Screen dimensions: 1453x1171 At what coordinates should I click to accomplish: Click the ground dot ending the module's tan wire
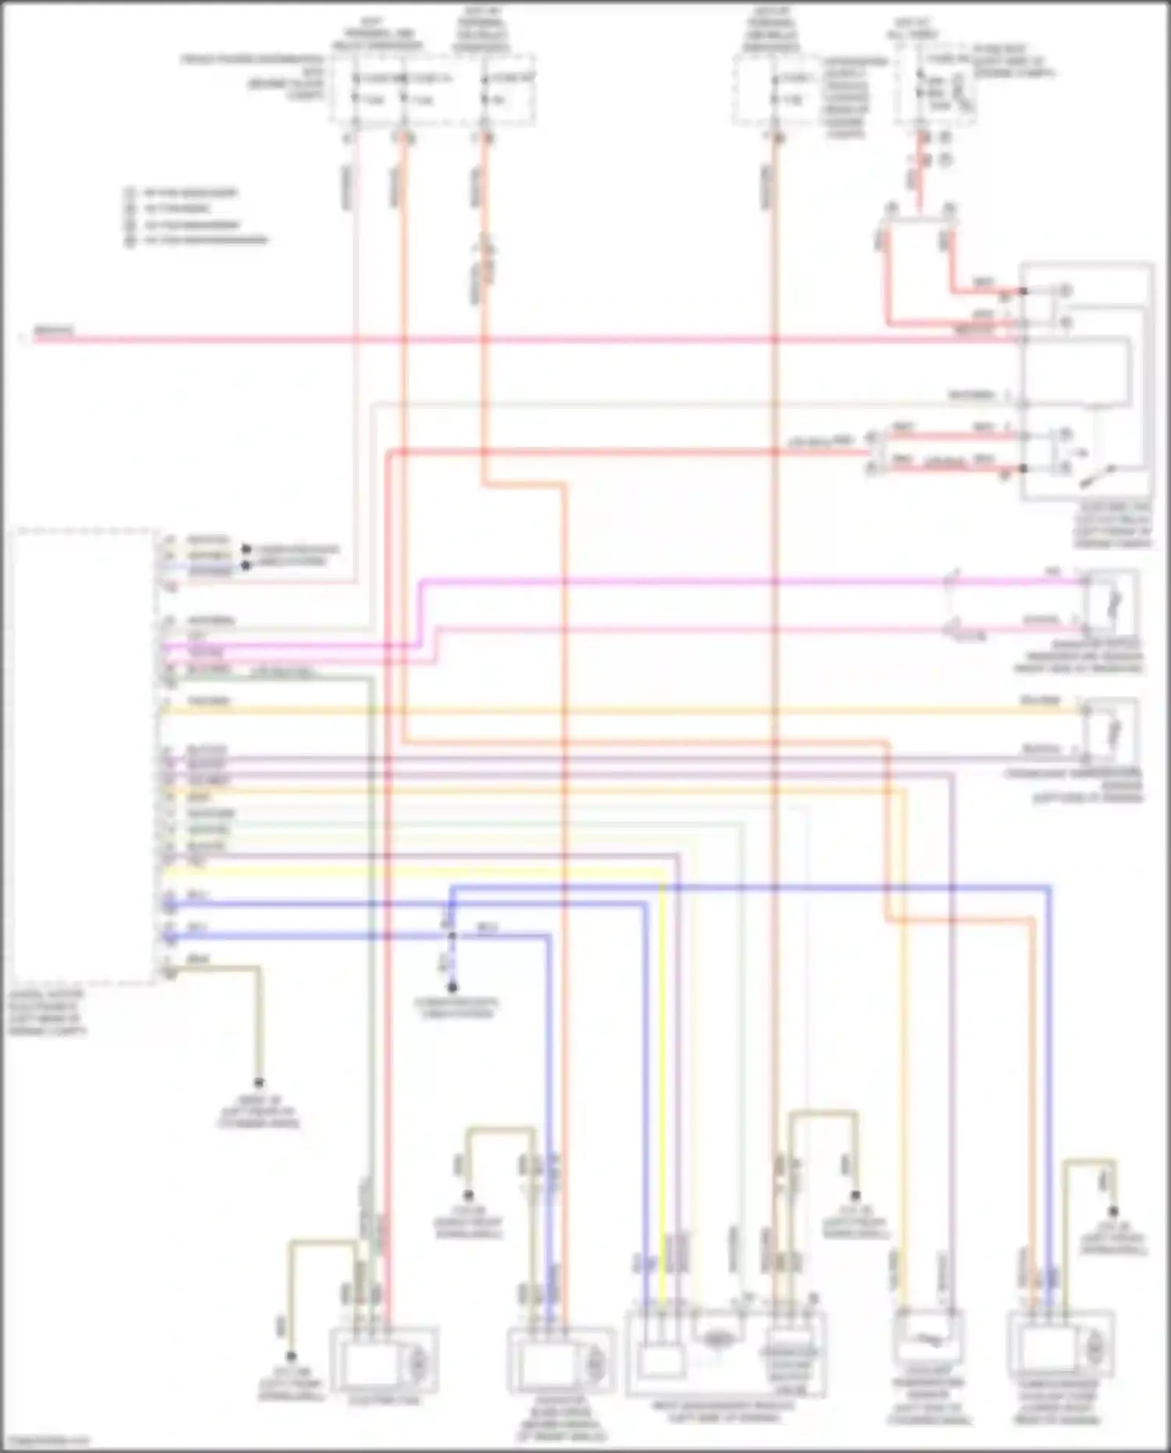coord(258,1084)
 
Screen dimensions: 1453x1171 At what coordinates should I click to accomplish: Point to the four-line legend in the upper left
coord(195,216)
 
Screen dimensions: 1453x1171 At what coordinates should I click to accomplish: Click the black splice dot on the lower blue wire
coord(451,935)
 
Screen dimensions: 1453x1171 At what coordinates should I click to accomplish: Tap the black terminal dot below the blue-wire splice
coord(453,988)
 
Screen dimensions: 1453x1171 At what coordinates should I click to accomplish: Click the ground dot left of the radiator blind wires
coord(468,1195)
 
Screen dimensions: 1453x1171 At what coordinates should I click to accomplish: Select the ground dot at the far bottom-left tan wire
coord(290,1357)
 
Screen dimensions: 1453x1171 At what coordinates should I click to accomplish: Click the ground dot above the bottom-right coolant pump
coord(1114,1213)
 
